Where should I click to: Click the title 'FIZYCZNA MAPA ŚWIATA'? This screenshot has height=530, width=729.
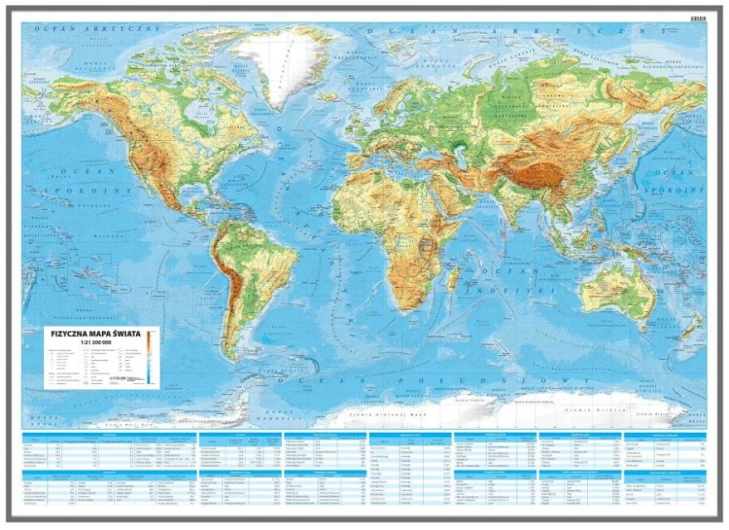coord(95,333)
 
